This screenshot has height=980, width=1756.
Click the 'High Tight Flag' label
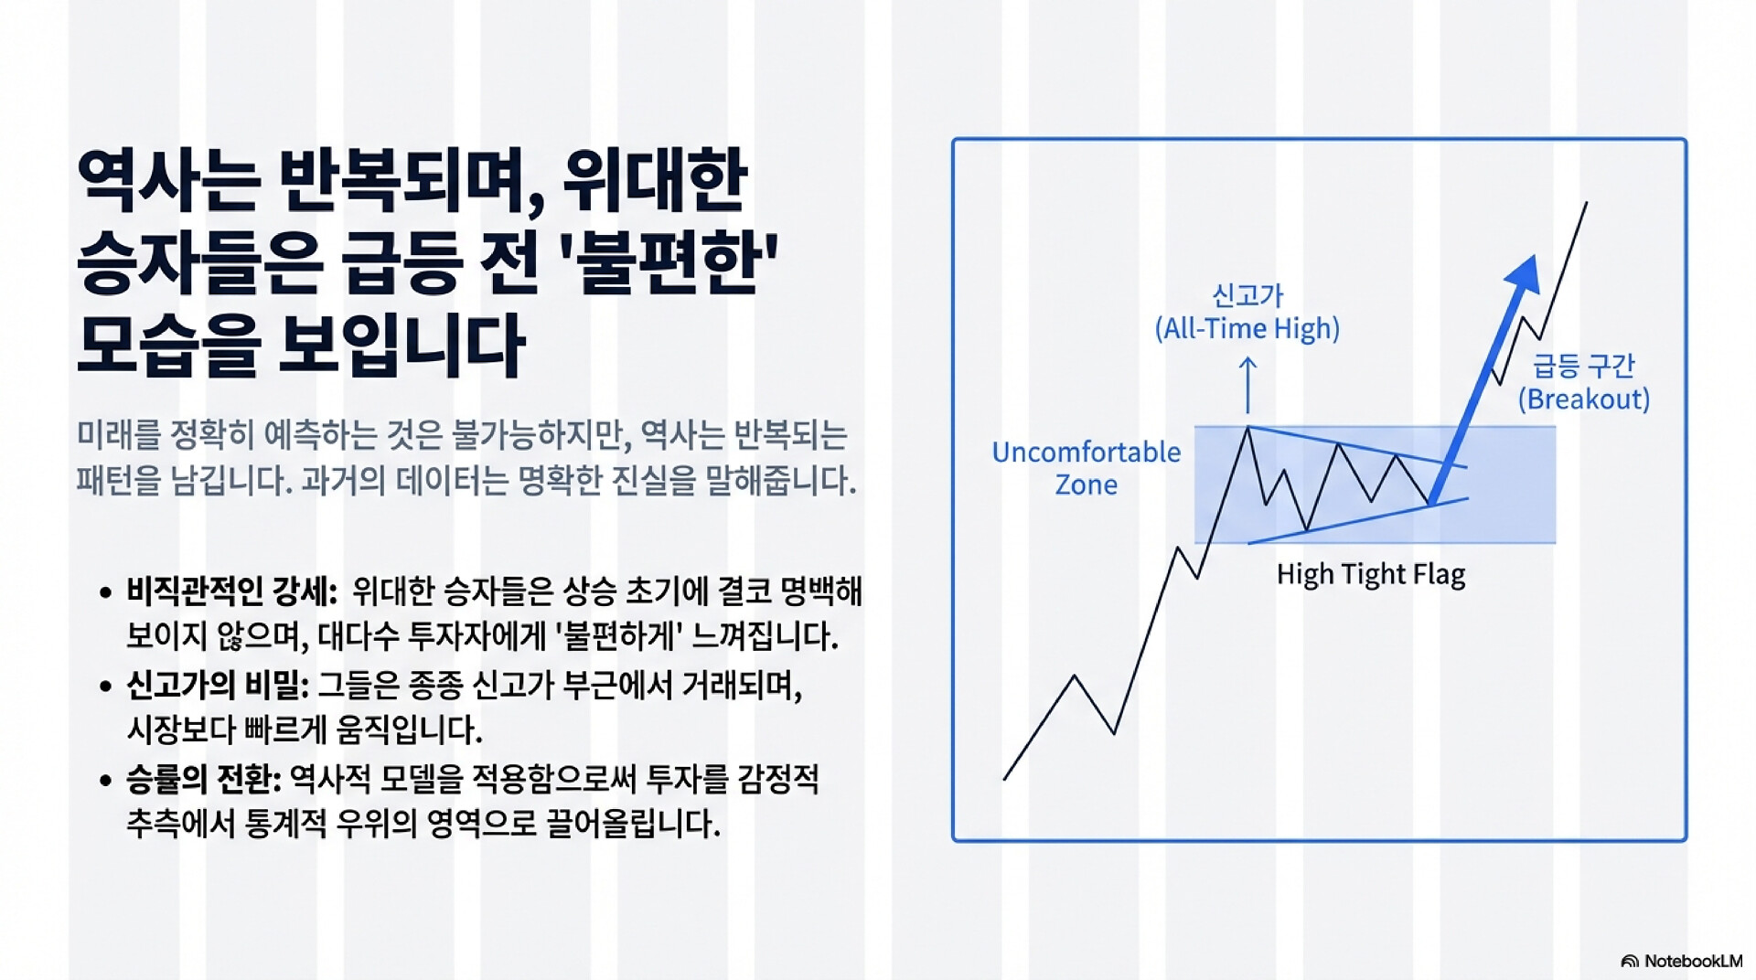pos(1370,574)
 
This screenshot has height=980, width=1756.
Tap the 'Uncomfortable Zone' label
pos(1087,467)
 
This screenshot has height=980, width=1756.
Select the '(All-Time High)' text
pos(1247,328)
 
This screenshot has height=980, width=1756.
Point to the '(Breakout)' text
pos(1584,399)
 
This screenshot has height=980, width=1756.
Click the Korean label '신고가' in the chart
pos(1247,295)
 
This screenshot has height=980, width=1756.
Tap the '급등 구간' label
pos(1584,366)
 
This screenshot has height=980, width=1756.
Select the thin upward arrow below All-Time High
pos(1247,385)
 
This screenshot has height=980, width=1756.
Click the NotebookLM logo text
pos(1693,961)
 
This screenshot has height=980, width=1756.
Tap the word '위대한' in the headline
pos(655,180)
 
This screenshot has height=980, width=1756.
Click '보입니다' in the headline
pos(402,346)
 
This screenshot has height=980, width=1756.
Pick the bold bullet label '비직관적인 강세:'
pos(232,591)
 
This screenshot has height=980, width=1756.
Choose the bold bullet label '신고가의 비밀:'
pos(218,686)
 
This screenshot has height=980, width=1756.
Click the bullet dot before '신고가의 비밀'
pos(106,687)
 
